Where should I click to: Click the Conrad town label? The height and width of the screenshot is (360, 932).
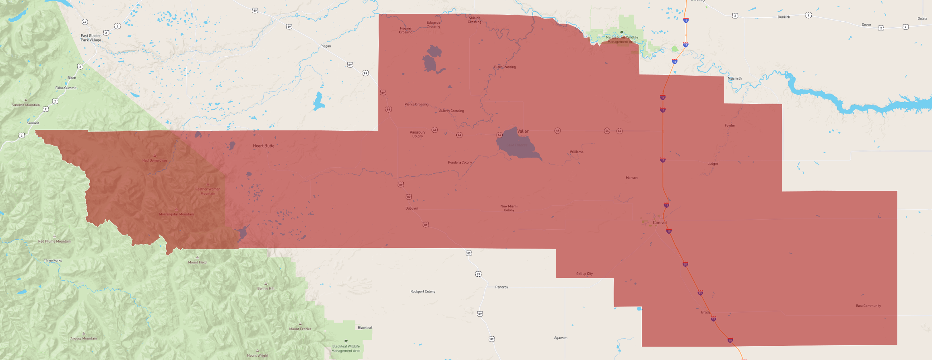(660, 222)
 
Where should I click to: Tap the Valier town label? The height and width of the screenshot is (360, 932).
(523, 131)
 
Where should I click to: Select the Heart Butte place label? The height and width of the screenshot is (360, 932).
(264, 146)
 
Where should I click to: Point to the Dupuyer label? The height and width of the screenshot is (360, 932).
(412, 208)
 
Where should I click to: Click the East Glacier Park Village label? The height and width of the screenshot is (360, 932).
(91, 38)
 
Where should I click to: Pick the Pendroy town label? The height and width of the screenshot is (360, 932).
(501, 287)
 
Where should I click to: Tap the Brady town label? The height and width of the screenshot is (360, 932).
(705, 312)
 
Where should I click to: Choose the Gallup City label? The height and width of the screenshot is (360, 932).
(584, 274)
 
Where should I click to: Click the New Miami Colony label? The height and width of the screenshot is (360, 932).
(509, 208)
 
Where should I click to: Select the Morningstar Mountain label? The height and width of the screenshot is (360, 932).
(176, 214)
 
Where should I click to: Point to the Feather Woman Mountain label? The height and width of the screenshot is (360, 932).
(208, 191)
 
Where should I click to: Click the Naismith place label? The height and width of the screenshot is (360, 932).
(734, 78)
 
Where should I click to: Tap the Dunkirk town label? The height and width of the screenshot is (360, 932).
(784, 17)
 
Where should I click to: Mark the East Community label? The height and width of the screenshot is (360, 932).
(868, 306)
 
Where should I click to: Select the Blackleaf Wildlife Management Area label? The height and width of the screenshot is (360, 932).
(346, 348)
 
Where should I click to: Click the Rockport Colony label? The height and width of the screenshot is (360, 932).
(423, 292)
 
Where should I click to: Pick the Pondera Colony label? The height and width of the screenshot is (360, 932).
(460, 163)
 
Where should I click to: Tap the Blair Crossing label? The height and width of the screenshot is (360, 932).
(505, 67)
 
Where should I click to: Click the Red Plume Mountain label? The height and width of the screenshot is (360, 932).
(54, 241)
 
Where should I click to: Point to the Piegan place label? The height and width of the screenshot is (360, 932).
(326, 46)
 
